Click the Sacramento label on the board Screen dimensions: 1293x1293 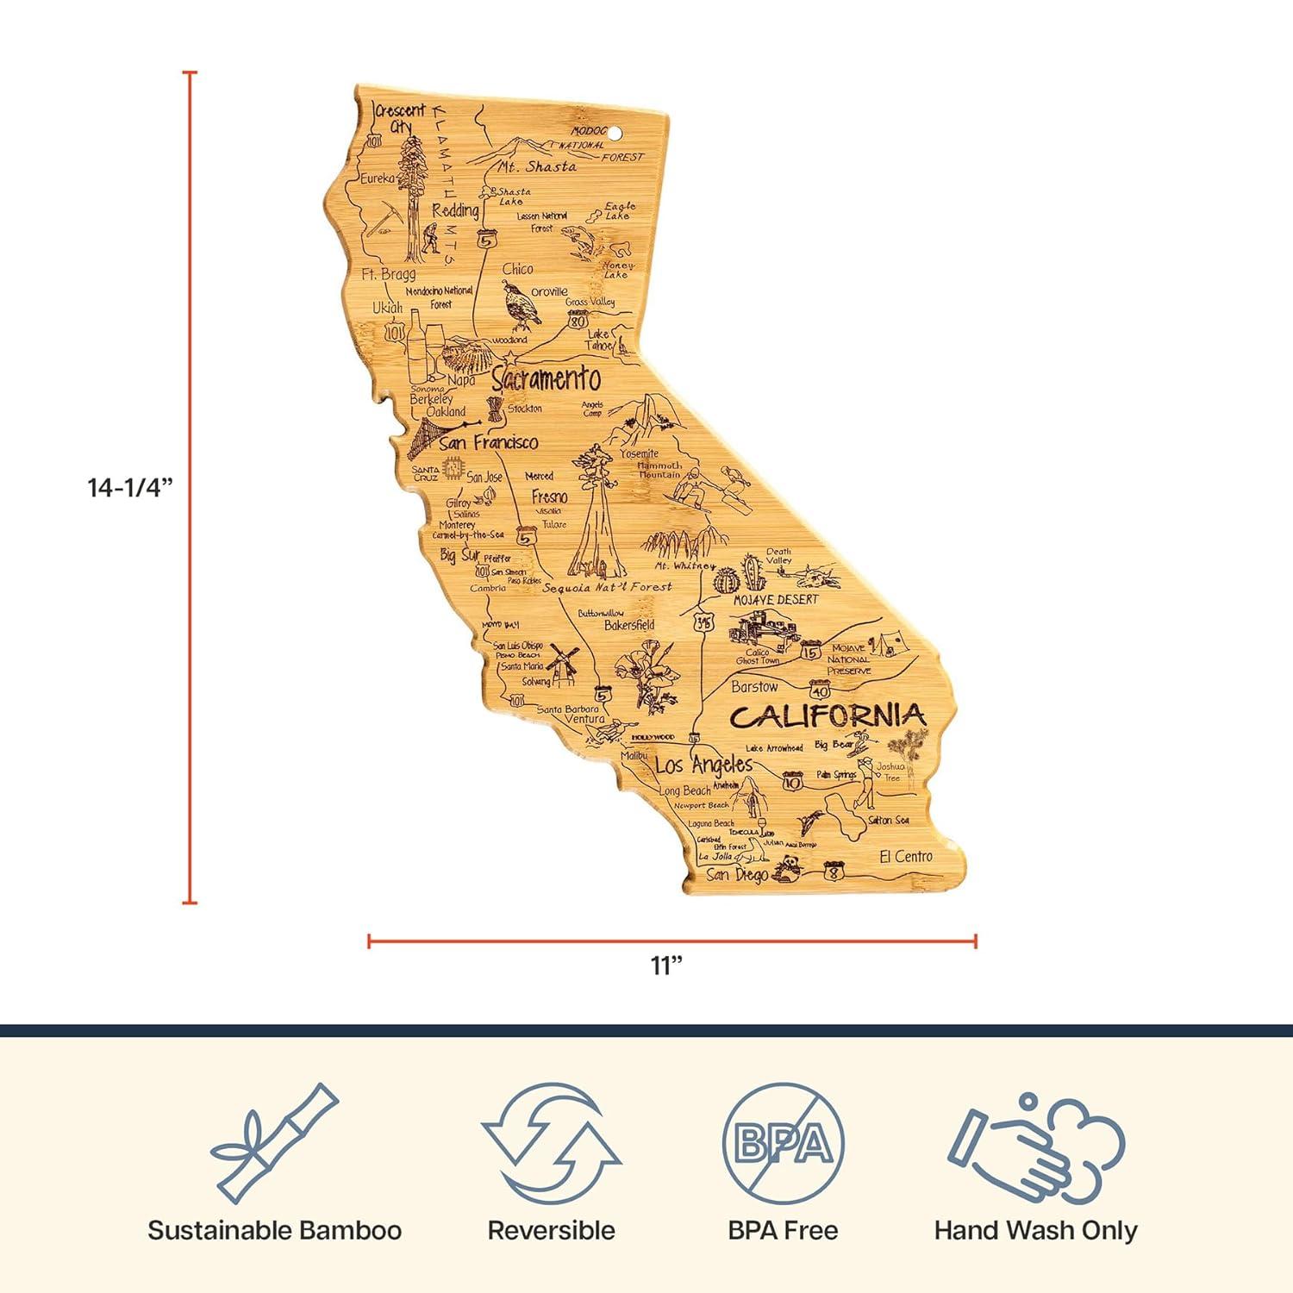coord(546,378)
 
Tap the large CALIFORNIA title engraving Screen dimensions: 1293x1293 coord(828,715)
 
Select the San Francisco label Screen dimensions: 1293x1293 coord(488,442)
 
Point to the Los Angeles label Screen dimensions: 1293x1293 coord(703,765)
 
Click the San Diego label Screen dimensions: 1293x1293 coord(737,875)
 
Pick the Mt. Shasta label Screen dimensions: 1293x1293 coord(537,166)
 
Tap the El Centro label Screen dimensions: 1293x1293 coord(905,856)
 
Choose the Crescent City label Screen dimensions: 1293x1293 coord(400,116)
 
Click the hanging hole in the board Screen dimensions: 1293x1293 coord(615,134)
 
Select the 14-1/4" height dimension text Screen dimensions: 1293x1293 coord(131,488)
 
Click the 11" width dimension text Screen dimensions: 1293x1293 coord(666,965)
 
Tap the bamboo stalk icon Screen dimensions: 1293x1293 coord(274,1143)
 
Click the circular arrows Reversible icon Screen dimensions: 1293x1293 coord(552,1143)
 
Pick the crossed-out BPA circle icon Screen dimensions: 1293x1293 coord(783,1143)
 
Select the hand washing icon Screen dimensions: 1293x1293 coord(1035,1145)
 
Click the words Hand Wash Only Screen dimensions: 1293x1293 coord(1035,1230)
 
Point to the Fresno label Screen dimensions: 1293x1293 coord(549,497)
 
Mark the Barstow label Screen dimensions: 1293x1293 coord(754,687)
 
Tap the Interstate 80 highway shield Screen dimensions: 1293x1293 coord(578,321)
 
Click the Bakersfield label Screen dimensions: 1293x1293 coord(629,625)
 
